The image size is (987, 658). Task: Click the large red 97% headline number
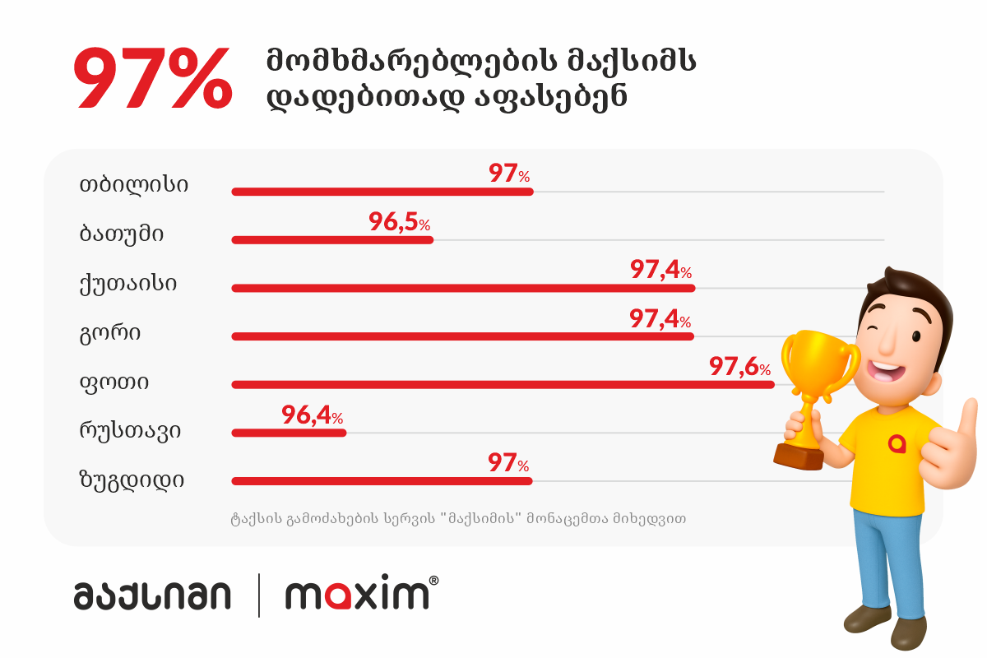pos(154,81)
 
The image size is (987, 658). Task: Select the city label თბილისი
pos(133,184)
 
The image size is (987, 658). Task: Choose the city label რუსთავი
pos(130,430)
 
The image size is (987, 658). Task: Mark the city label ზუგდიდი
pos(132,480)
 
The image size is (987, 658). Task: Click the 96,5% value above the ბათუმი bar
pos(399,223)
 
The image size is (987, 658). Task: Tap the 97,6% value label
pos(739,367)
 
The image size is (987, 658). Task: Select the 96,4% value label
pos(312,415)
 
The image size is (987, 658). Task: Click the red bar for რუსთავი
pos(289,433)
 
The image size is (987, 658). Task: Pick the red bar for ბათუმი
pos(332,240)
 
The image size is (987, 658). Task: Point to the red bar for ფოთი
pos(503,384)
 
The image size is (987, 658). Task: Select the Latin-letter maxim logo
pos(358,594)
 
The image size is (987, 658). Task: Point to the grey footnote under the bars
pos(458,519)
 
